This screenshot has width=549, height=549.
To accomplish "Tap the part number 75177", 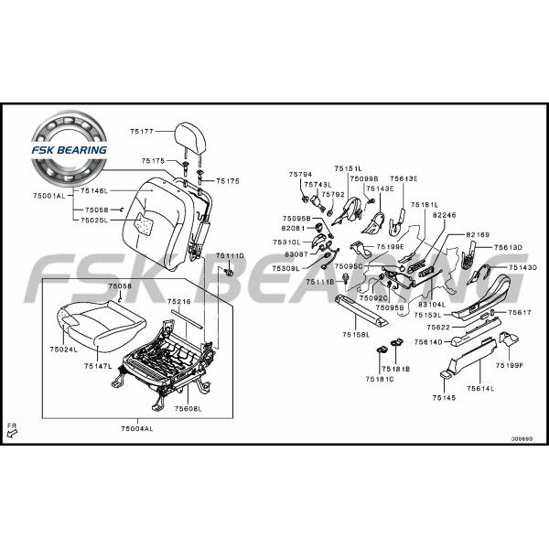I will [144, 132].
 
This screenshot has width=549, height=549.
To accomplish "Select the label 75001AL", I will [49, 196].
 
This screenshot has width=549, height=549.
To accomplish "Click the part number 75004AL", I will [137, 428].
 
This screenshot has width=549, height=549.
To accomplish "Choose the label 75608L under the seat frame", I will [188, 408].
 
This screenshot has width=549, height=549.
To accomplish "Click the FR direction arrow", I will [12, 432].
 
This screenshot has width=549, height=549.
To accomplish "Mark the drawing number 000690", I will [522, 438].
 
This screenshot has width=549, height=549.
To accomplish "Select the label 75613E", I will [404, 178].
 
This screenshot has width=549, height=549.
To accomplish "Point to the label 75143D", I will [522, 267].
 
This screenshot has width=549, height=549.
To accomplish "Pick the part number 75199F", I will [510, 365].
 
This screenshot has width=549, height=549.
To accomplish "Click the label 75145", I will [445, 398].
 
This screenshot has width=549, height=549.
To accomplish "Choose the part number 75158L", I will [356, 336].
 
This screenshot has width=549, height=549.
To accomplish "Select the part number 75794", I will [300, 174].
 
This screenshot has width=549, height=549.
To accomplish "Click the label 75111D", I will [230, 255].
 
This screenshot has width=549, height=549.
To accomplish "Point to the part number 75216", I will [178, 300].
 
